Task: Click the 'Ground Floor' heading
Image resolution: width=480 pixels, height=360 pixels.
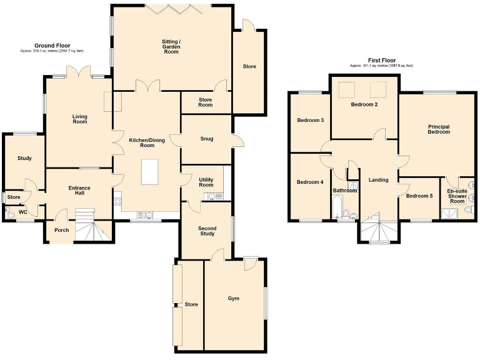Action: tap(52, 46)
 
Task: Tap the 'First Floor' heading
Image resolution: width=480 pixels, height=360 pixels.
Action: tap(381, 61)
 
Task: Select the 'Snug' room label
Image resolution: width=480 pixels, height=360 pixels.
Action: tap(206, 139)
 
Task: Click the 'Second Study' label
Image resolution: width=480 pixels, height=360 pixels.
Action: tap(207, 230)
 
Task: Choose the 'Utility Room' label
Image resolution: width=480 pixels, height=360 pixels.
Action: tap(206, 182)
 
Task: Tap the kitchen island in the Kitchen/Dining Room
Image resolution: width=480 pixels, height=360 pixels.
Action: tap(150, 172)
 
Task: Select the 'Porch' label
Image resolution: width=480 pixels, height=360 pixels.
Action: tap(61, 230)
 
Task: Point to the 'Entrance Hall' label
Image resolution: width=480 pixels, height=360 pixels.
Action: tap(79, 190)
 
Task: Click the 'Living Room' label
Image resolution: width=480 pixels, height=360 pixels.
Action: tap(79, 118)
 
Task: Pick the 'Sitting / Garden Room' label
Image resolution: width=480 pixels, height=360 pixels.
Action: tap(171, 46)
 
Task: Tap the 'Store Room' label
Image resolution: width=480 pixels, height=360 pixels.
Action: tap(206, 102)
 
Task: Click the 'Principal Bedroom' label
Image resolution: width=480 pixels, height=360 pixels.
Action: tap(439, 129)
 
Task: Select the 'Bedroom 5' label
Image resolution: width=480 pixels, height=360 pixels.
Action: tap(419, 196)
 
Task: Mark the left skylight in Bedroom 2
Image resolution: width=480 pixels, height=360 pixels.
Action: tap(344, 91)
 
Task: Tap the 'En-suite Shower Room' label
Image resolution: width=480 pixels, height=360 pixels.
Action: tap(457, 196)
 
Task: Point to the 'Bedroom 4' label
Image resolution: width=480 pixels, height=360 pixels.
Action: tap(310, 182)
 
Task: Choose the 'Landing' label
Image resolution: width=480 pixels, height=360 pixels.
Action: tap(379, 180)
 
